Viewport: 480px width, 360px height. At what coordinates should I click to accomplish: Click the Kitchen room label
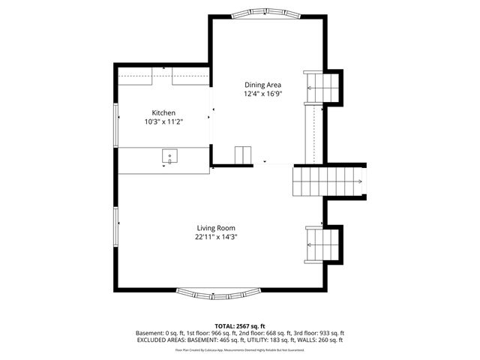pos(163,112)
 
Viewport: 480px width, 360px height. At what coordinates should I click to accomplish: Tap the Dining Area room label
pos(262,85)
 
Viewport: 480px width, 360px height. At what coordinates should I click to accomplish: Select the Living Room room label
pos(217,227)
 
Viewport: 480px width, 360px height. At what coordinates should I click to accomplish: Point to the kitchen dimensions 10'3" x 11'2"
pos(163,121)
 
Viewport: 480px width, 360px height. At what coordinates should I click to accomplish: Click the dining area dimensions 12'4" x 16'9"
pos(262,94)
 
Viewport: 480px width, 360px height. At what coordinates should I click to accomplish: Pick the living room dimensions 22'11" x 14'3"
pos(217,236)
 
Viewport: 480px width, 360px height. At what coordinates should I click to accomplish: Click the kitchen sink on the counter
pos(170,157)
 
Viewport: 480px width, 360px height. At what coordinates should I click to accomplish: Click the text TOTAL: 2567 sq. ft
pos(239,325)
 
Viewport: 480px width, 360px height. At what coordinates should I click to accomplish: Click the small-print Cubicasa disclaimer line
pos(239,349)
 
